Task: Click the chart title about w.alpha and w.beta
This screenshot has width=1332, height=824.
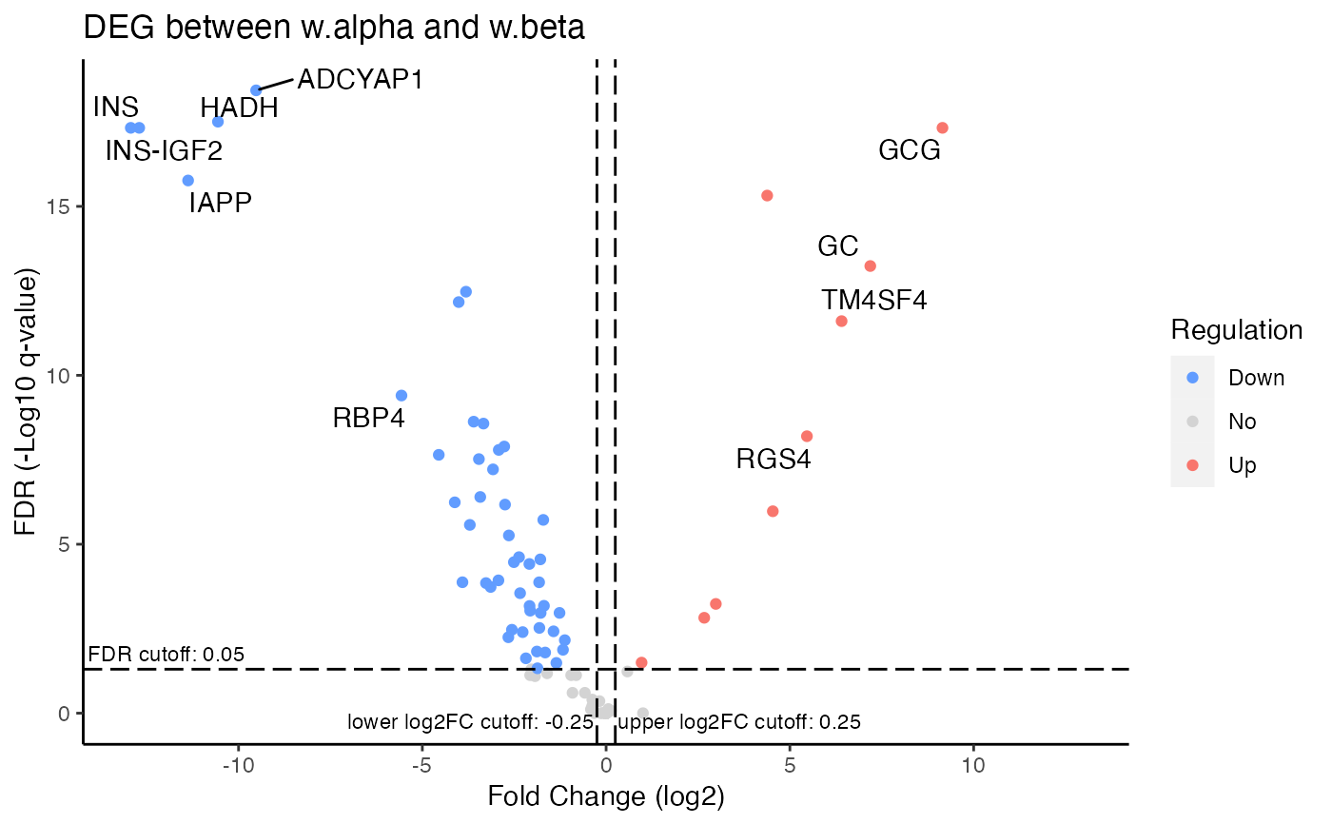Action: pos(334,28)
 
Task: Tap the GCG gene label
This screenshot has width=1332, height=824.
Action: pos(909,150)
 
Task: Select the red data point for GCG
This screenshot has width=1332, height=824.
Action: pos(942,128)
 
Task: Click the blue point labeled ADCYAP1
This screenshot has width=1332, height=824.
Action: pos(256,90)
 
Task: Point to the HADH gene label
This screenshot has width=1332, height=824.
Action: pos(239,108)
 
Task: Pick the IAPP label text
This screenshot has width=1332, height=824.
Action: pos(220,203)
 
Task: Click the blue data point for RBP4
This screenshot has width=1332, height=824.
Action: pos(402,396)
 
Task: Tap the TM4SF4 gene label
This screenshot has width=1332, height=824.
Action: pos(874,301)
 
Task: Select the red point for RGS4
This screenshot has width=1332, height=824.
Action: pos(807,437)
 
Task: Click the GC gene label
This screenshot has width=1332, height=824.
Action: pos(837,247)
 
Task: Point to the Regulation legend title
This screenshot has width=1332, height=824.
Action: pos(1236,330)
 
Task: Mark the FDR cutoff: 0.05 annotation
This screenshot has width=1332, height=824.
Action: pos(166,655)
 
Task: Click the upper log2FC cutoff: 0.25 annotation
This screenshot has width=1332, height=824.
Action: pos(739,722)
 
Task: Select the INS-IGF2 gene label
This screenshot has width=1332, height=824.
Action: pos(164,150)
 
